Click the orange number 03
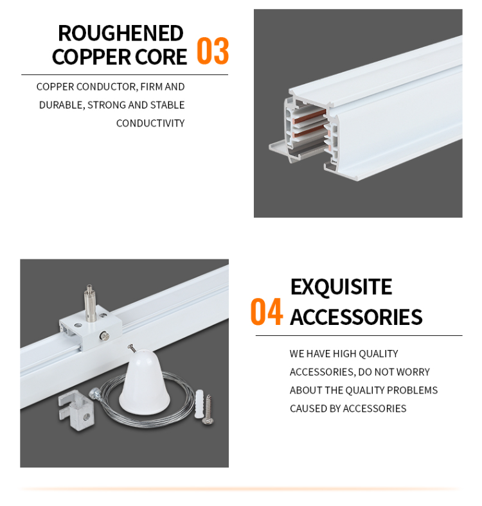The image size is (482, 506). pyautogui.click(x=212, y=52)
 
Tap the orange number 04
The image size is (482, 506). pyautogui.click(x=266, y=312)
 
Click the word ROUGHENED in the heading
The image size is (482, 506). pyautogui.click(x=120, y=33)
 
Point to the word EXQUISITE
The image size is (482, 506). pyautogui.click(x=341, y=287)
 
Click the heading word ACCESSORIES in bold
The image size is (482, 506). pyautogui.click(x=356, y=317)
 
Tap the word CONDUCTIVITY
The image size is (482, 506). pyautogui.click(x=150, y=123)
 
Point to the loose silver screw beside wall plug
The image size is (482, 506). pyautogui.click(x=208, y=410)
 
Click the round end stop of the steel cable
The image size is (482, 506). pyautogui.click(x=96, y=391)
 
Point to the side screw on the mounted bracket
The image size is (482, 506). pyautogui.click(x=103, y=335)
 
